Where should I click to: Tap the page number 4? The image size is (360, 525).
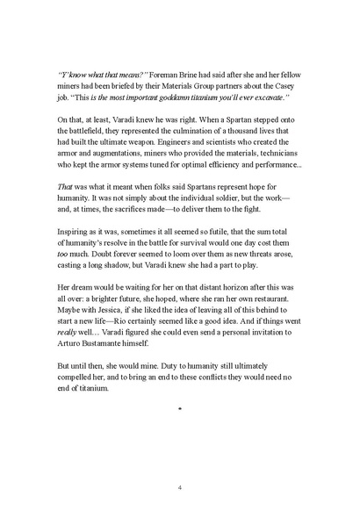click(x=179, y=488)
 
